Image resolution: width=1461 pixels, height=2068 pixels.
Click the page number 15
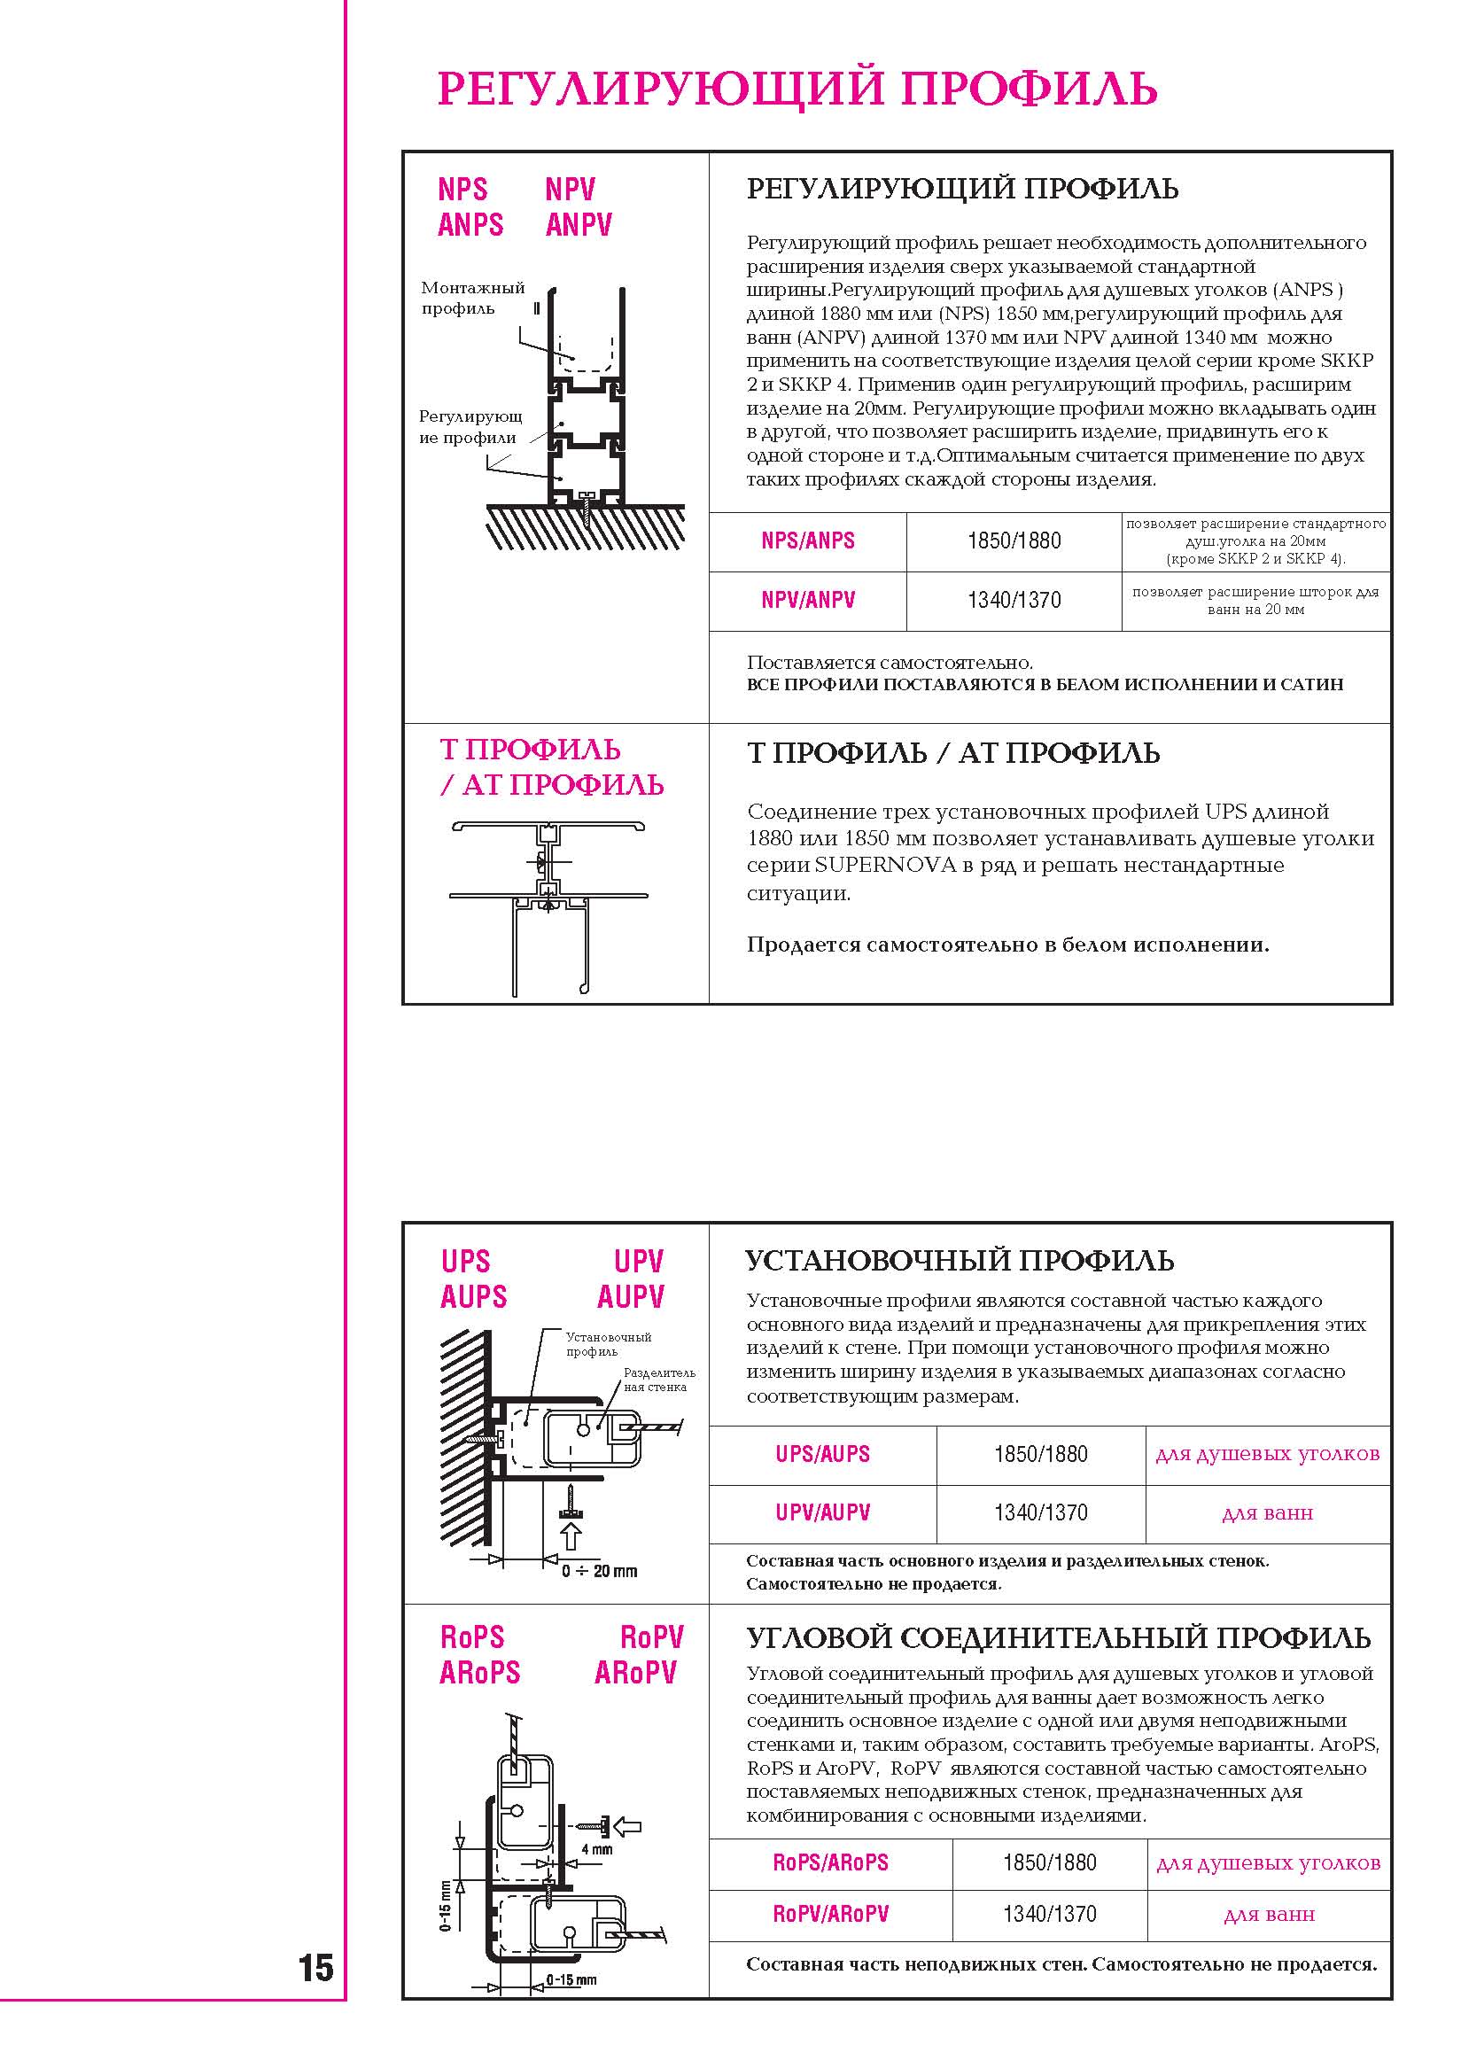[316, 1968]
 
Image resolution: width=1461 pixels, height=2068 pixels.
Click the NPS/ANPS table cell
[807, 541]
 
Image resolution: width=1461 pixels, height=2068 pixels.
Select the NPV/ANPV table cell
[807, 601]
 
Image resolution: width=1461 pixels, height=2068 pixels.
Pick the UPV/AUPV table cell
[822, 1513]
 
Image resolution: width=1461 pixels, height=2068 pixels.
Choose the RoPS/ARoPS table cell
[829, 1862]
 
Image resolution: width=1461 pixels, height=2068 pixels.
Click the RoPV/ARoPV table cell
[829, 1914]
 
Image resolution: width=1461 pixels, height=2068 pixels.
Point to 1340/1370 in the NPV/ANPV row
[1014, 601]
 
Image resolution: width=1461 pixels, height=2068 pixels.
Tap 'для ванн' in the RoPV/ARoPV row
[1268, 1915]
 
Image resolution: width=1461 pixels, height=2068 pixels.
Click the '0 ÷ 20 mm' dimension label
[599, 1572]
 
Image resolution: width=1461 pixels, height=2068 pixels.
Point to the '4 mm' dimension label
[596, 1850]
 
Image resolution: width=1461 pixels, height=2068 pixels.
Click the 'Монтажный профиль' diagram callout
[472, 298]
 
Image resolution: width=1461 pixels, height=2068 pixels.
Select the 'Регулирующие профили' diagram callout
[470, 427]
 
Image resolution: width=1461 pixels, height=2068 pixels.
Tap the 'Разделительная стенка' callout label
[658, 1380]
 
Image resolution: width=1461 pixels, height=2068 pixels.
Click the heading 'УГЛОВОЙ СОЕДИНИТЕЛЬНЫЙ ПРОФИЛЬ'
[1059, 1638]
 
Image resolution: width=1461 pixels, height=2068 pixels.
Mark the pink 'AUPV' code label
[631, 1297]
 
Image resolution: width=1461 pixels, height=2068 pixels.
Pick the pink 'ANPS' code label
[470, 224]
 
